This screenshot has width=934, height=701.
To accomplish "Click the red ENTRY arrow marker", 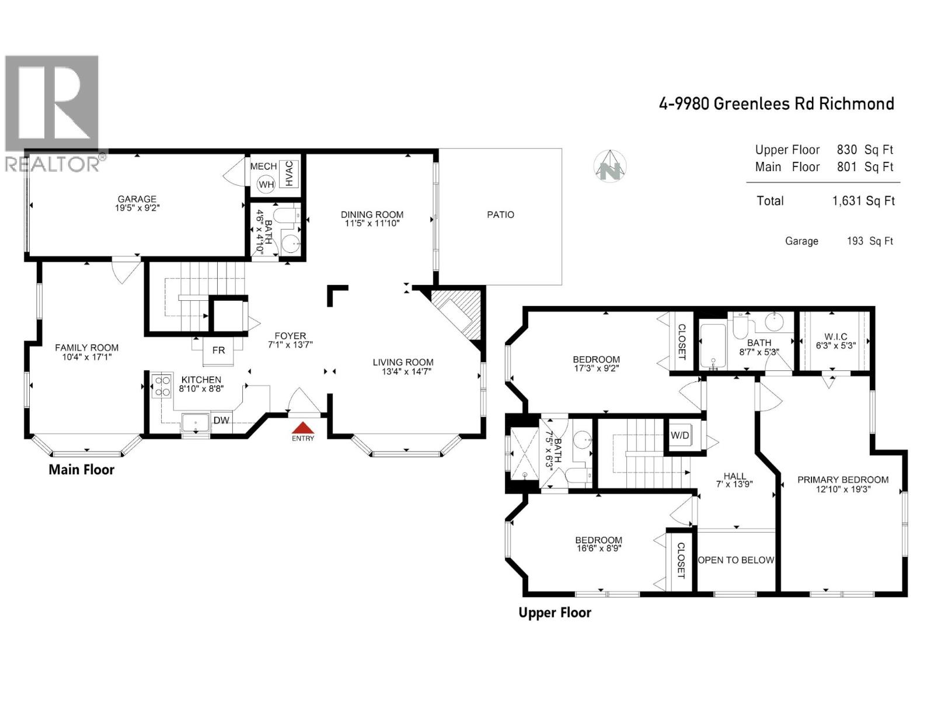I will (302, 428).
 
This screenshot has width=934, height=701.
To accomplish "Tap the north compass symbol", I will (611, 166).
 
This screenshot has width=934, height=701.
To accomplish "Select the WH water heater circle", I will (266, 185).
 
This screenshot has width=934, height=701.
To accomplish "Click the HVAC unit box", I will (289, 173).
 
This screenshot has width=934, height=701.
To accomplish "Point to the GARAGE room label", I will (137, 199).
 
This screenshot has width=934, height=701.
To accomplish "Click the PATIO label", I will (500, 215).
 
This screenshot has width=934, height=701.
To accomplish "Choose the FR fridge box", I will (218, 350).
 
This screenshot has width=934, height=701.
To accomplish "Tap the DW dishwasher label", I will (221, 421).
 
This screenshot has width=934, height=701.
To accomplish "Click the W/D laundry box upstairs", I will (679, 435).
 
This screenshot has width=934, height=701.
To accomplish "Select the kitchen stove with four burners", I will (161, 386).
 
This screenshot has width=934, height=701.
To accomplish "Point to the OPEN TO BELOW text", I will (736, 560).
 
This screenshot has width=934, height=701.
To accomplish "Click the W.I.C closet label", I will (835, 337).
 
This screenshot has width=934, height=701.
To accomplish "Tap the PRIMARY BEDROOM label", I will (842, 480).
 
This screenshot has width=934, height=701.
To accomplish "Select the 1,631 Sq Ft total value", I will (863, 201).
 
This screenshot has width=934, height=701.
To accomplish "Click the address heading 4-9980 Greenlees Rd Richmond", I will (776, 104).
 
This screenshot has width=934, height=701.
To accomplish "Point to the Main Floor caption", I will (81, 470).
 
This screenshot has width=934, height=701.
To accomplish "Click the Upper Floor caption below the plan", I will (555, 613).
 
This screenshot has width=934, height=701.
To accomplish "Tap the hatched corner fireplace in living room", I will (459, 312).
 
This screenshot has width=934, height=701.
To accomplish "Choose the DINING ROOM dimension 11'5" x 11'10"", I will (372, 223).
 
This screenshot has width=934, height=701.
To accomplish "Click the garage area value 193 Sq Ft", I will (869, 241).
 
